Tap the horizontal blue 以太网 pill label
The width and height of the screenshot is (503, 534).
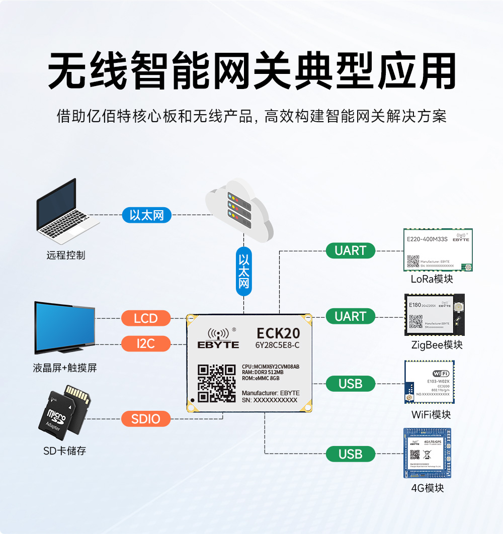(147, 216)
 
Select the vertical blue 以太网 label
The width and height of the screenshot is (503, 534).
(244, 271)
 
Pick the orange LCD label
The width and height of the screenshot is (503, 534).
(146, 318)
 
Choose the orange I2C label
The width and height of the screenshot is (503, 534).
(146, 344)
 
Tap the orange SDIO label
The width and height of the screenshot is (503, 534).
(146, 419)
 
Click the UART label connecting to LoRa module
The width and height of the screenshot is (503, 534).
(351, 250)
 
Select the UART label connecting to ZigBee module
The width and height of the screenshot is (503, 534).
(351, 316)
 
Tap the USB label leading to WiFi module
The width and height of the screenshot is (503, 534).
(351, 384)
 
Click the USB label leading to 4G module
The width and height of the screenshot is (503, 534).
(351, 454)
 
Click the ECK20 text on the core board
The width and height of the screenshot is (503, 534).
(278, 333)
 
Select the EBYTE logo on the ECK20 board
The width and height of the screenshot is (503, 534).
(221, 338)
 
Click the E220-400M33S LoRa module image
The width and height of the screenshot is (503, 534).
(438, 250)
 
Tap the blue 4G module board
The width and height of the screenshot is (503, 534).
(427, 453)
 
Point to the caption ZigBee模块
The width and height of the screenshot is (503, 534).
(437, 345)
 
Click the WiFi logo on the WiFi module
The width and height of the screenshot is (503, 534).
(441, 374)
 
